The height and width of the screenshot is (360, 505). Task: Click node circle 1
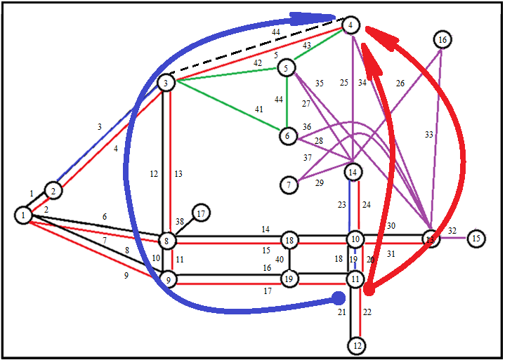(24, 215)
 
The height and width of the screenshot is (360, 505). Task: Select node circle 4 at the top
(350, 26)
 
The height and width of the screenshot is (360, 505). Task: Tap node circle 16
(442, 40)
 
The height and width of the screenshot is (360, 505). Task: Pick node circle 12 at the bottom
(358, 345)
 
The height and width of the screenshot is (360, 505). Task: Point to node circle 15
(476, 239)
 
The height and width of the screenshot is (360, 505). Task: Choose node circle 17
(202, 213)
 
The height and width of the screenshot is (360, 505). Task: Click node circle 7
(289, 185)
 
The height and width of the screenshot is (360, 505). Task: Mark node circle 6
(288, 135)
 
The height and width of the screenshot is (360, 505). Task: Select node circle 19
(289, 279)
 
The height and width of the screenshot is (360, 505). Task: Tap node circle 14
(353, 172)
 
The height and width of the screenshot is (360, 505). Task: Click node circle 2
(53, 189)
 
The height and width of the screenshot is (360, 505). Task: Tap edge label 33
(428, 134)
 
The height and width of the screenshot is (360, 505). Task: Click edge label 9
(126, 276)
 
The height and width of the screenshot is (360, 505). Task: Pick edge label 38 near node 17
(180, 221)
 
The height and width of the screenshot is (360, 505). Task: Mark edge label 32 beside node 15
(452, 230)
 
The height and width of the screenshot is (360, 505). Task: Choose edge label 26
(400, 83)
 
